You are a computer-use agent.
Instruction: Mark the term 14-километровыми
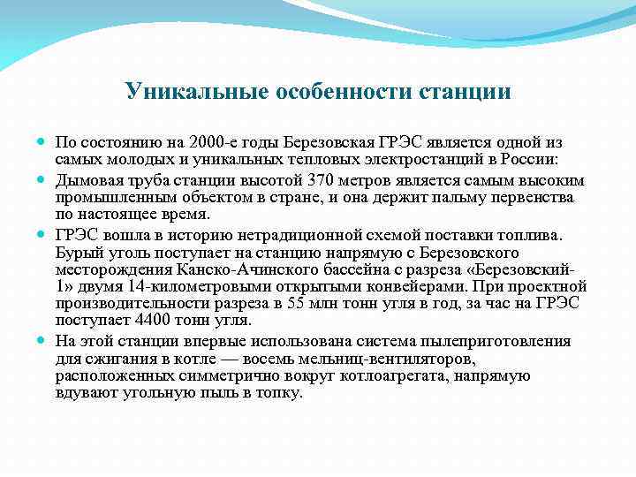(x=186, y=285)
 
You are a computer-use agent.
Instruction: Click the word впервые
(x=216, y=340)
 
